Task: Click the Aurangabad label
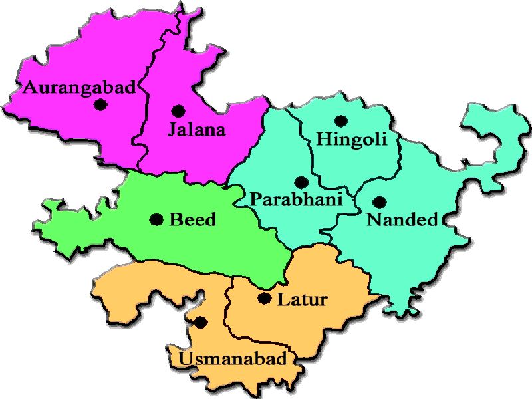click(80, 87)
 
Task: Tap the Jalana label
click(196, 130)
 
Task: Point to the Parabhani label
click(296, 199)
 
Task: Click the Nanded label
click(402, 219)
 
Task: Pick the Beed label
click(193, 219)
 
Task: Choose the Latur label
click(302, 299)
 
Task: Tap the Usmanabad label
click(233, 360)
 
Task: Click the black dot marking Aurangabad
click(101, 104)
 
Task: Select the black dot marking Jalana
click(177, 111)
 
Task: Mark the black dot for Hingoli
click(341, 121)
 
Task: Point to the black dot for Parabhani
click(301, 182)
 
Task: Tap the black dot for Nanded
click(379, 201)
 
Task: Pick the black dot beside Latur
click(265, 299)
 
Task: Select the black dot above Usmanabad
click(201, 322)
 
